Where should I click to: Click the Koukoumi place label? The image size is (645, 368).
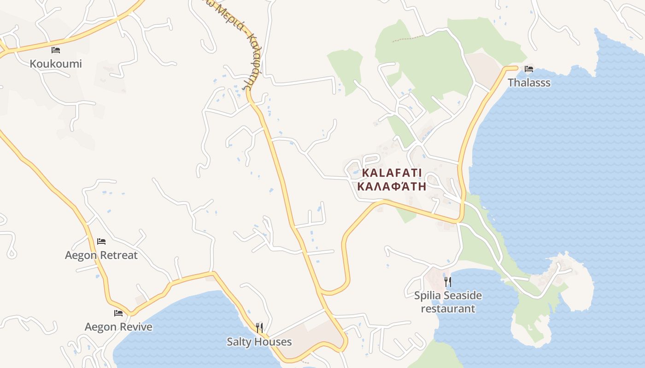pyautogui.click(x=56, y=63)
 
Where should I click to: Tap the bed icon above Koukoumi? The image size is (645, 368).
pyautogui.click(x=56, y=50)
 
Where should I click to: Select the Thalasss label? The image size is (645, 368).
pyautogui.click(x=529, y=83)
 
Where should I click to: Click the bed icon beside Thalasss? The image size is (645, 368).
pyautogui.click(x=529, y=69)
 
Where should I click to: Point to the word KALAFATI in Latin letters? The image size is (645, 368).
pyautogui.click(x=392, y=173)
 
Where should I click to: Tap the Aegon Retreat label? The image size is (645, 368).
pyautogui.click(x=101, y=255)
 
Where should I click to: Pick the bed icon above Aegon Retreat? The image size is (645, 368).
pyautogui.click(x=101, y=241)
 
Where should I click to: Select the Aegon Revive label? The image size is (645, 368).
pyautogui.click(x=118, y=327)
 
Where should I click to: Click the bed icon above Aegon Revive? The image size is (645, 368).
pyautogui.click(x=118, y=313)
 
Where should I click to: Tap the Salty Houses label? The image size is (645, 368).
pyautogui.click(x=259, y=342)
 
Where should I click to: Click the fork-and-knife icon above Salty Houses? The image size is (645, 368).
pyautogui.click(x=259, y=328)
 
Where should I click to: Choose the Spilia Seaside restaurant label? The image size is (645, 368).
pyautogui.click(x=448, y=302)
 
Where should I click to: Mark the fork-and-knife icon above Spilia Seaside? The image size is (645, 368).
pyautogui.click(x=448, y=281)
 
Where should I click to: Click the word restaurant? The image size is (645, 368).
pyautogui.click(x=448, y=309)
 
